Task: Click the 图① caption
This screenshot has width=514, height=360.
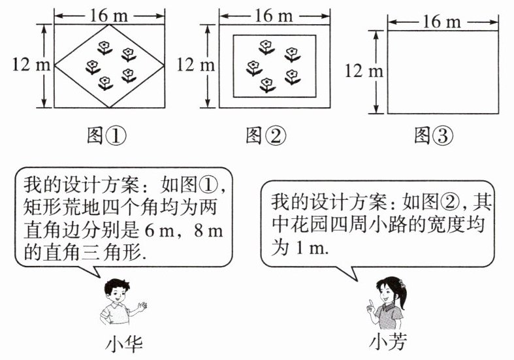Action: [x=106, y=135]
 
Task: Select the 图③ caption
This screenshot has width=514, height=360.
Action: [x=433, y=135]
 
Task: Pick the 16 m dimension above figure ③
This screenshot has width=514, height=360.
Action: [x=442, y=22]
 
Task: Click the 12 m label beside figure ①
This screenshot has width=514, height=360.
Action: [x=26, y=64]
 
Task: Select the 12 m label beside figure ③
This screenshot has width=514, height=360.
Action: [x=364, y=70]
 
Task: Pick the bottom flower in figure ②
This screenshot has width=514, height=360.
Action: [x=267, y=84]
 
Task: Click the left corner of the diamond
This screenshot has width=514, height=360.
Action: [x=55, y=66]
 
